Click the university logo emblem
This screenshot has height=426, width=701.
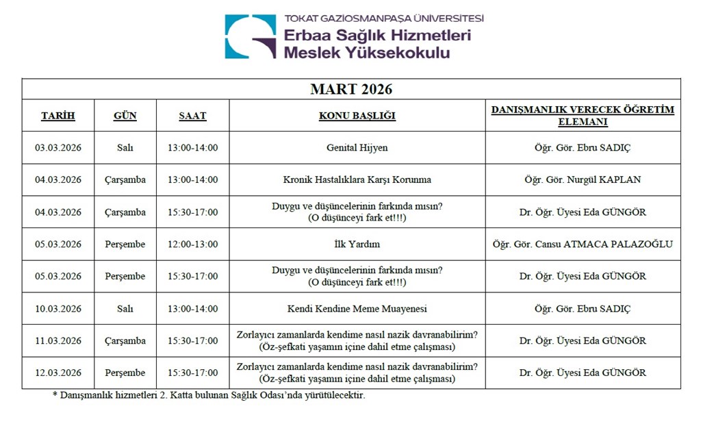click(x=251, y=36)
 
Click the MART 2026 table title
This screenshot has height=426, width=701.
click(x=351, y=90)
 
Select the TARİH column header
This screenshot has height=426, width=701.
click(x=58, y=116)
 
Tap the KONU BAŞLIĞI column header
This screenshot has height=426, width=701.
click(x=357, y=116)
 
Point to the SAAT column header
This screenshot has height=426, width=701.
click(x=192, y=116)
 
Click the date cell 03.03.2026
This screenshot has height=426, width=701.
click(x=58, y=147)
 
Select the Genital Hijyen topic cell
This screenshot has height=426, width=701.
click(x=357, y=147)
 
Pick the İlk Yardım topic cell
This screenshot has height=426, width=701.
click(x=357, y=244)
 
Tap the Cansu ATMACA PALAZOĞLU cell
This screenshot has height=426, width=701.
click(x=583, y=244)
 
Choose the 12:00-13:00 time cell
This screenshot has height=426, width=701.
click(x=192, y=244)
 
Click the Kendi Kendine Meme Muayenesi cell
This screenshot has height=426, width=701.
click(x=357, y=308)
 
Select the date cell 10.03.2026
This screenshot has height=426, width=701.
click(x=58, y=308)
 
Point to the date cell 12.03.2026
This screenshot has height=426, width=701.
click(x=58, y=373)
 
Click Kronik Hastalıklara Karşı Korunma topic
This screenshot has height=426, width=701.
click(x=357, y=179)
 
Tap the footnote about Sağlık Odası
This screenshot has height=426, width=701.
click(x=209, y=395)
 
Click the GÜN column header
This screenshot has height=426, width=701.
click(x=125, y=116)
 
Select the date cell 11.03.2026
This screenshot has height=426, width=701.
click(x=58, y=340)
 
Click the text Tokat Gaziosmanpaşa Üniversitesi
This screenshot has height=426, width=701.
click(x=383, y=18)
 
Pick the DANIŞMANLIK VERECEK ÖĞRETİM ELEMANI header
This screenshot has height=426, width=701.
click(x=583, y=116)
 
